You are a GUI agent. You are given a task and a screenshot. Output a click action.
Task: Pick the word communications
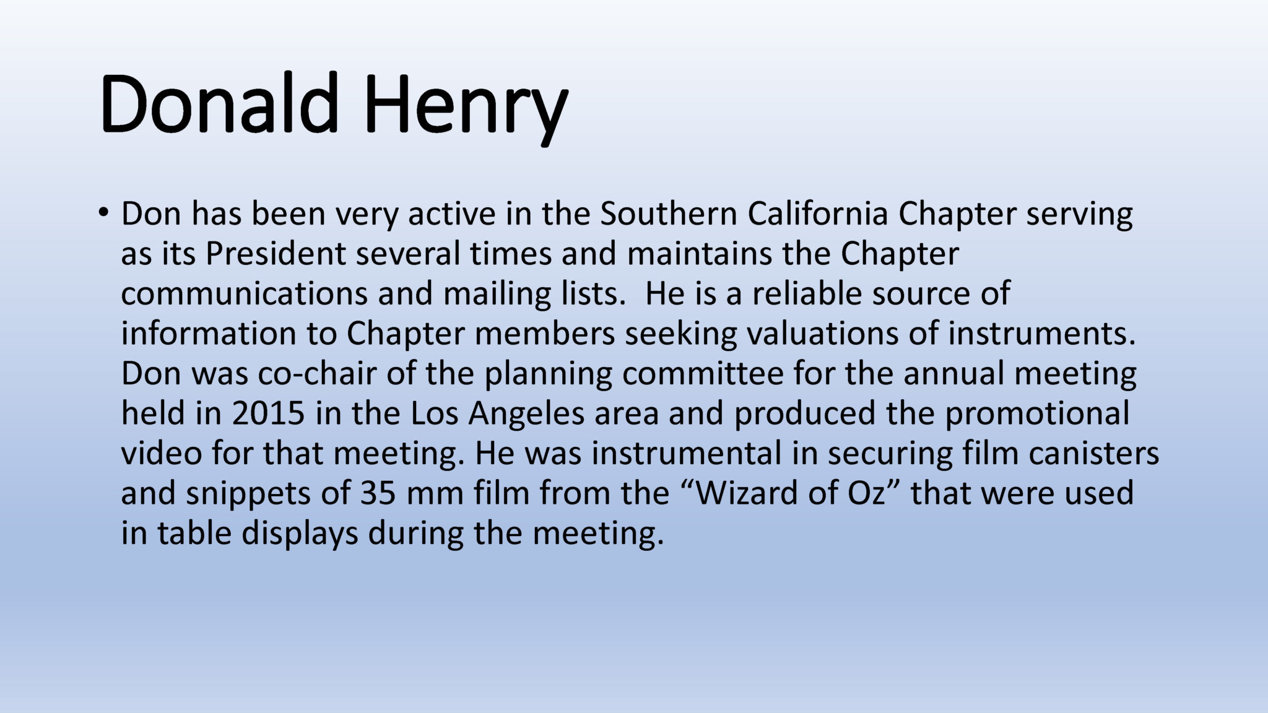click(x=245, y=293)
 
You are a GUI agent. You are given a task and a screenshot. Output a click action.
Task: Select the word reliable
click(x=807, y=293)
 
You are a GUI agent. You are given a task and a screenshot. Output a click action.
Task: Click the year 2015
click(x=269, y=413)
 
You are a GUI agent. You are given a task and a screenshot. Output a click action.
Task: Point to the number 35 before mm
click(x=378, y=493)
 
